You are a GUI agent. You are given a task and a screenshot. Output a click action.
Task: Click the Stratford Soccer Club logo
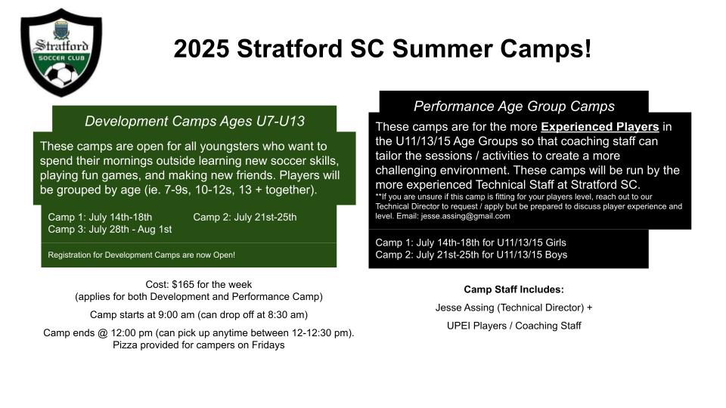[x=61, y=52]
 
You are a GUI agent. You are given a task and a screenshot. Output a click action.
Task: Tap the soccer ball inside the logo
[x=61, y=75]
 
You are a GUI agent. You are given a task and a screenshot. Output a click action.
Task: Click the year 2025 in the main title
[x=201, y=48]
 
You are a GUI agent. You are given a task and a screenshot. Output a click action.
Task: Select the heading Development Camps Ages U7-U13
[x=194, y=121]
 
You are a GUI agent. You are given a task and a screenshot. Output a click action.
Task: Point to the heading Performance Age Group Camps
[x=514, y=107]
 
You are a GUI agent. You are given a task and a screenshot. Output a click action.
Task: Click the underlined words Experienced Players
[x=600, y=127]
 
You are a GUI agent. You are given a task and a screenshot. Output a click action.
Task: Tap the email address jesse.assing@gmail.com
[x=465, y=216]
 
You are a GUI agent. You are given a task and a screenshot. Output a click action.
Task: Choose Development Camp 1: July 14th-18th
[x=100, y=218]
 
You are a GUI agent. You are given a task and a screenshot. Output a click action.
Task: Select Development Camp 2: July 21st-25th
[x=245, y=218]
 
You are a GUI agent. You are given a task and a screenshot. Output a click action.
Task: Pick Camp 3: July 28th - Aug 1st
[x=110, y=230]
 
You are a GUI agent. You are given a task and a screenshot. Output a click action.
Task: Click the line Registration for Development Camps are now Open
[x=141, y=255]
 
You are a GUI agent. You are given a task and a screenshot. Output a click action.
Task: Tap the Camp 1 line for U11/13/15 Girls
[x=470, y=243]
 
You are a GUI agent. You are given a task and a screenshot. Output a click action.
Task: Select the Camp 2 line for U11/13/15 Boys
[x=471, y=255]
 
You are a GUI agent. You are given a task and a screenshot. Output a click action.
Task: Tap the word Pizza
[x=125, y=345]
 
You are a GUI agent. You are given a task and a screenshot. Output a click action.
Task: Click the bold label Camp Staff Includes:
[x=514, y=289]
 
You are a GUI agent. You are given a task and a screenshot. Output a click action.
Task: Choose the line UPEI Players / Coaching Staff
[x=514, y=326]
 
